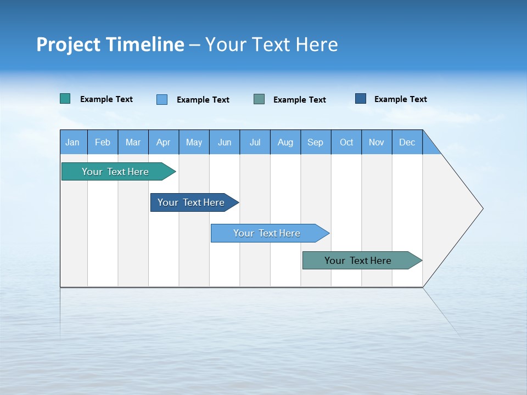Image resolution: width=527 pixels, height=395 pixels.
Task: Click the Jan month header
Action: pos(73,142)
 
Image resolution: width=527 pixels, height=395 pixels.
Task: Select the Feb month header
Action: pos(103,142)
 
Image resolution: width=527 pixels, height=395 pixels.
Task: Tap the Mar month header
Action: pos(133,142)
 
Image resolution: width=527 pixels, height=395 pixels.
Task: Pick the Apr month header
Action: pos(164,142)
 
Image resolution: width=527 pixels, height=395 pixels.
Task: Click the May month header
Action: pos(194,142)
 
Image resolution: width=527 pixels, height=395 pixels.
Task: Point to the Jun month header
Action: pos(225,142)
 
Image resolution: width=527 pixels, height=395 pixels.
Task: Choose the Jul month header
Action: pos(255,142)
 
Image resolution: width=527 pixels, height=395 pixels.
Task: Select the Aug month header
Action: pos(285,142)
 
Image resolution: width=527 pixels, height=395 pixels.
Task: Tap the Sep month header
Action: pos(316,142)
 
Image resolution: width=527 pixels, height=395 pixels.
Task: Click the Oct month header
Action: pos(346,142)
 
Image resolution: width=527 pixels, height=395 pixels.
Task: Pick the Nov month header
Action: pos(377,142)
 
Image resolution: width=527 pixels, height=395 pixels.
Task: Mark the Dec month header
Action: pos(407,142)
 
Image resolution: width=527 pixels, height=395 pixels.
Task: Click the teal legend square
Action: pos(65,99)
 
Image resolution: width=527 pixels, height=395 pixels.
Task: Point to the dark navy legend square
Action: pos(361,99)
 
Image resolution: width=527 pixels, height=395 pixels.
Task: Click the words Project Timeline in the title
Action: pos(110,44)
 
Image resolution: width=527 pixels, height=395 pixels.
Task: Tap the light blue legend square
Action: pos(162,99)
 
